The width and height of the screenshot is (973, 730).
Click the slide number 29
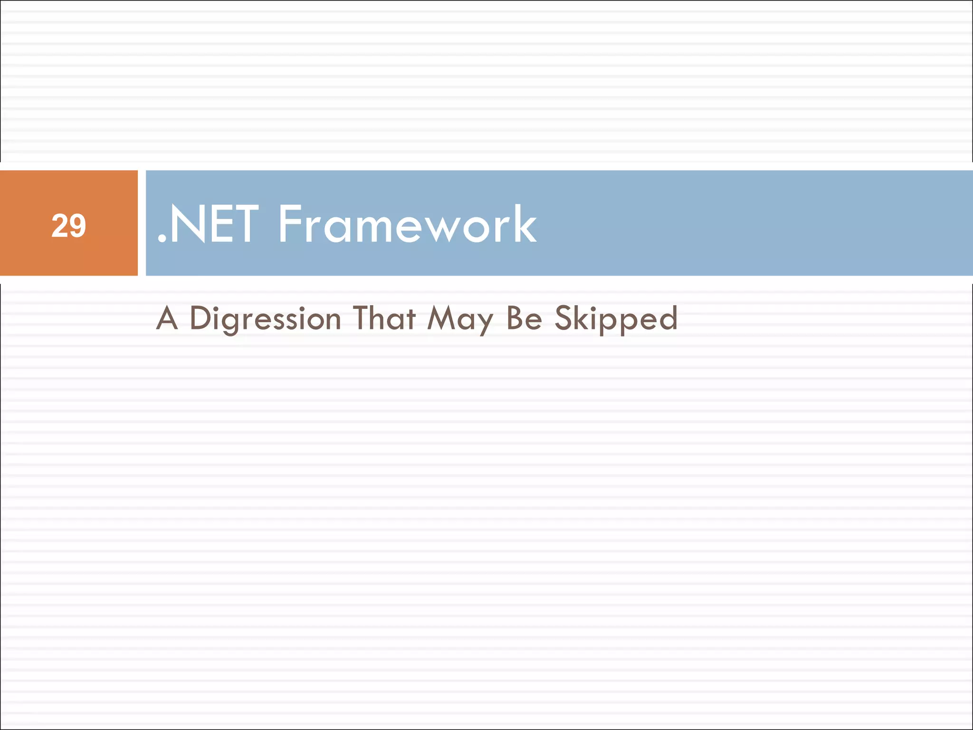[x=69, y=226]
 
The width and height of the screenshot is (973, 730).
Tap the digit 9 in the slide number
[x=77, y=226]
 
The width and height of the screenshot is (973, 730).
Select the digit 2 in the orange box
[x=60, y=226]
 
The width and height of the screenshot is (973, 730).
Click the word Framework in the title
[x=407, y=224]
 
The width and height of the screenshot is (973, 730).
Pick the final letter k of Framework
[x=523, y=224]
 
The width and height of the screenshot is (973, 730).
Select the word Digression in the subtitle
[x=265, y=318]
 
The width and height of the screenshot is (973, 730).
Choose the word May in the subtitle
[x=460, y=318]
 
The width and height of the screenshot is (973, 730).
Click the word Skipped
[x=616, y=318]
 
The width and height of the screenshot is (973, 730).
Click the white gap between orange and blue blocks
[x=142, y=223]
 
